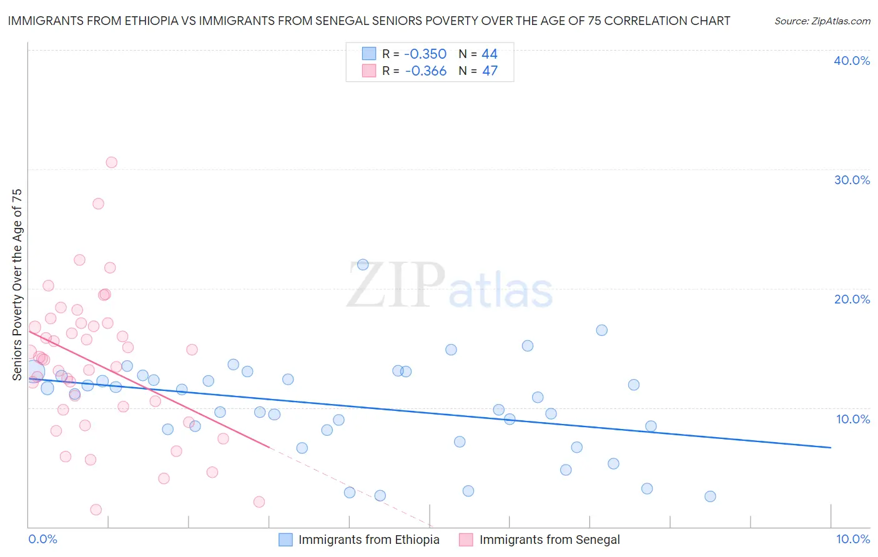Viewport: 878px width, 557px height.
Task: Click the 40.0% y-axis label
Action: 852,61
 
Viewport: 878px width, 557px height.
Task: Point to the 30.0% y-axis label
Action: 852,180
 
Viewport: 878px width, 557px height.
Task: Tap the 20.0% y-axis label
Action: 852,299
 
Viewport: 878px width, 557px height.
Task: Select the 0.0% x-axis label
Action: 42,539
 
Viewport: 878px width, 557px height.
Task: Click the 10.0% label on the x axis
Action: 852,539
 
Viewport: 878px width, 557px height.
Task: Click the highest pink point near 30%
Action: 111,162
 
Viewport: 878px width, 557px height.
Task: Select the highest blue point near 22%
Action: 363,265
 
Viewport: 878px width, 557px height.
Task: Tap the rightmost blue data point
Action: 710,496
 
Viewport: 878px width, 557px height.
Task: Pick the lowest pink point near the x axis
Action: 96,510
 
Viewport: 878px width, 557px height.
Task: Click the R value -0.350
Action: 425,54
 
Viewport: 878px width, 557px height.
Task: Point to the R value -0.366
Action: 425,71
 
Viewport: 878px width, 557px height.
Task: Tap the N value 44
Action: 490,54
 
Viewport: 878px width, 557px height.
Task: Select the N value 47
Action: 490,71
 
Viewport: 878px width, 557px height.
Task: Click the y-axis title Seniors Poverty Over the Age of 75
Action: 17,284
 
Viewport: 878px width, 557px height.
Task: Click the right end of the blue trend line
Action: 831,447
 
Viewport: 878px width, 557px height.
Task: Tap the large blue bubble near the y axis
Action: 34,372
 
